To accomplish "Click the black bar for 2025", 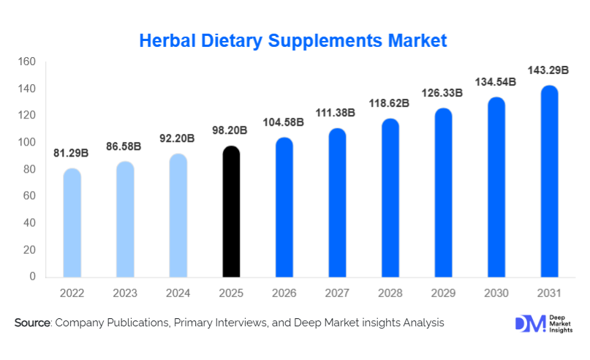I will click(232, 212).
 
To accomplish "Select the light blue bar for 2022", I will click(72, 223).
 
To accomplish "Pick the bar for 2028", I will click(390, 198).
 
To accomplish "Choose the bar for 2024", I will click(178, 216).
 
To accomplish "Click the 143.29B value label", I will click(550, 71).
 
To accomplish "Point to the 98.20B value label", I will click(231, 130).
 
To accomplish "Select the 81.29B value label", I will click(72, 153).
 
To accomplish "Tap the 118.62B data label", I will click(390, 103).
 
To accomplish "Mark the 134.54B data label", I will click(496, 82).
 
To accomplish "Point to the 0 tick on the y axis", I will click(32, 277).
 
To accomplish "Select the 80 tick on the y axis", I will click(29, 169).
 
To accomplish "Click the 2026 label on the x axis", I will click(284, 293).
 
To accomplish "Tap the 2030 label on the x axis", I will click(496, 293).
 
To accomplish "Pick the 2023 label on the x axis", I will click(125, 293).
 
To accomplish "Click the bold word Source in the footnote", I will click(31, 323).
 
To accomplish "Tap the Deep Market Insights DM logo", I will click(528, 323).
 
